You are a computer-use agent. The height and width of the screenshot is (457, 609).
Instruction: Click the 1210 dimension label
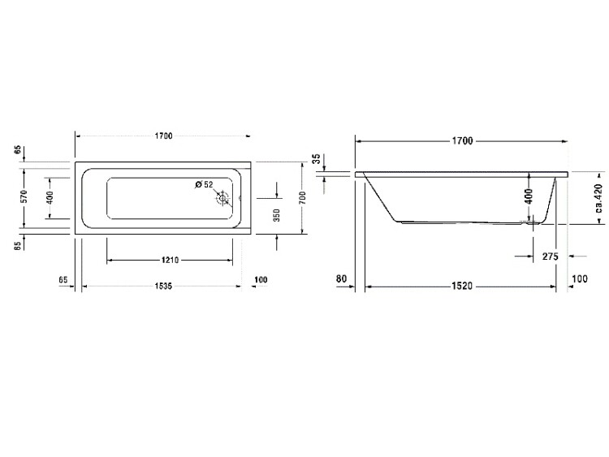[x=170, y=260]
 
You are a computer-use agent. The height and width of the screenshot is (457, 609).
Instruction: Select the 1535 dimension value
[x=163, y=287]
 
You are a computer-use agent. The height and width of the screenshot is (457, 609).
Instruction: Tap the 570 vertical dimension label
[x=24, y=196]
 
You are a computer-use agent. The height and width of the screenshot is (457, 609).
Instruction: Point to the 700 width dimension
[x=303, y=198]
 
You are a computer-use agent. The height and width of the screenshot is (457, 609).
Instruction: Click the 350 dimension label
[x=277, y=215]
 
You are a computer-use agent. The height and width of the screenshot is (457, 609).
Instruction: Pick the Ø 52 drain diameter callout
[x=205, y=184]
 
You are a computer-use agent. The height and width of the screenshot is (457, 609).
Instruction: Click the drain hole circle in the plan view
[x=222, y=198]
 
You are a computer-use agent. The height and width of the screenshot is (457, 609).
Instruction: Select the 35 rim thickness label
[x=317, y=159]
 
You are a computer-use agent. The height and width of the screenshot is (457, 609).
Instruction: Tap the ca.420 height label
[x=598, y=199]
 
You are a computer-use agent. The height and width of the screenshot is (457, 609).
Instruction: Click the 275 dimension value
[x=550, y=257]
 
